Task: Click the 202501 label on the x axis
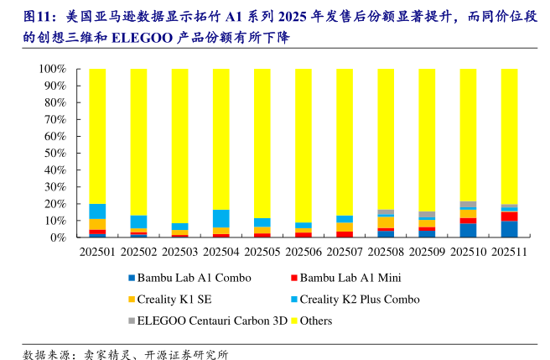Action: pos(97,251)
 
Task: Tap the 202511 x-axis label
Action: pos(509,251)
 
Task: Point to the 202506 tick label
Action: pos(304,251)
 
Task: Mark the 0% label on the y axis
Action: pos(60,237)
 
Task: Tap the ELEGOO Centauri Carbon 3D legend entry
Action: pos(210,321)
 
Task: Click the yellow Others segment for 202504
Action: pos(221,138)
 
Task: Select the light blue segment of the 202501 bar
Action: pos(97,211)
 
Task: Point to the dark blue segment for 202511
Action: pos(509,229)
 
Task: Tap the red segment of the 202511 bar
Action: pos(509,217)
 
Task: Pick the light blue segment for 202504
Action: pos(221,218)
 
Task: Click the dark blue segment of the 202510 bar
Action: pos(468,230)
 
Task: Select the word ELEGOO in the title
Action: pos(140,38)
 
